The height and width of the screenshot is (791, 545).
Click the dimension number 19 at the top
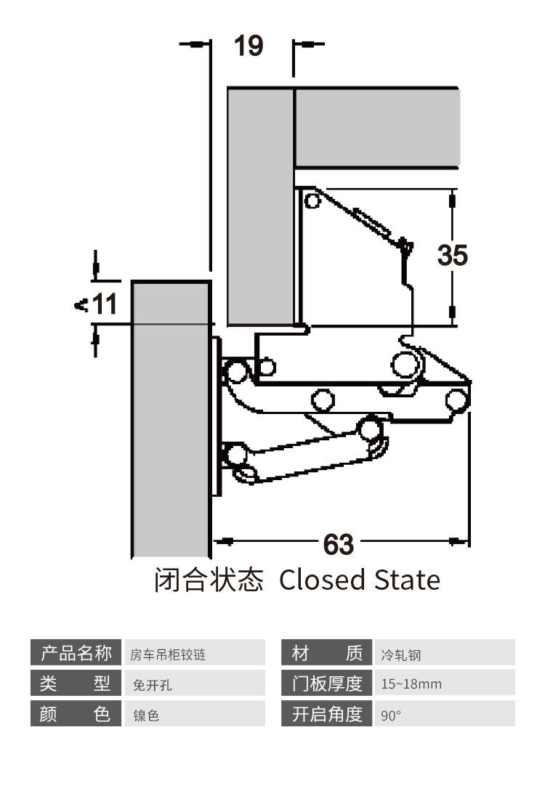[x=249, y=46]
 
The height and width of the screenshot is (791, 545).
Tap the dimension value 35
[x=453, y=255]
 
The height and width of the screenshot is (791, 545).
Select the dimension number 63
[x=338, y=544]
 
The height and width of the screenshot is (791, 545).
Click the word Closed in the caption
[x=322, y=580]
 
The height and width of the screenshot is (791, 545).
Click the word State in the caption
[x=407, y=580]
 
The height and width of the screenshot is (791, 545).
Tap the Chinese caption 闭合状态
[x=209, y=580]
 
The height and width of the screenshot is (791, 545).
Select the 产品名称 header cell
[x=76, y=652]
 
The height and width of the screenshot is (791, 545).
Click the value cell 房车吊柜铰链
[x=195, y=652]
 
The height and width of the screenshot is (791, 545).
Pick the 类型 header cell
[x=76, y=683]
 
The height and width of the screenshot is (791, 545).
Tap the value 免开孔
[x=195, y=683]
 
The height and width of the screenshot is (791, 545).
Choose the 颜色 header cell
[x=76, y=713]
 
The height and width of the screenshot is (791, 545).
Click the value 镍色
[x=195, y=713]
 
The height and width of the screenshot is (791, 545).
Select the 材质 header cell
[x=326, y=652]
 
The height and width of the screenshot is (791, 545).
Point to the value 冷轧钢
[x=445, y=652]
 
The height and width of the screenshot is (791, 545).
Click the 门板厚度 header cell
[x=326, y=683]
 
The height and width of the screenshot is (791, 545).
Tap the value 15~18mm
[x=445, y=683]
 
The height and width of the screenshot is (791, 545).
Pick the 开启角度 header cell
[x=326, y=713]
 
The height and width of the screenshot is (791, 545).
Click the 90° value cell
[x=445, y=713]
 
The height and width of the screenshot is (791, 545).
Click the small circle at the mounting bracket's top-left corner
[x=312, y=200]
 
